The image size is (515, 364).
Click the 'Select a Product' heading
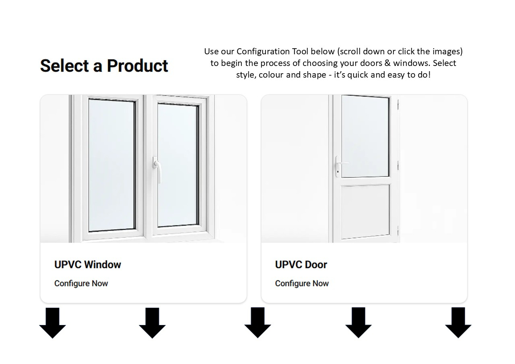[x=104, y=66]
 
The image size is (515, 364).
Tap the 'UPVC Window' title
[x=88, y=265]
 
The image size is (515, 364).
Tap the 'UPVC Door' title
[x=301, y=265]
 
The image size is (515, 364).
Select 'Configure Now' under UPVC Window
[x=81, y=283]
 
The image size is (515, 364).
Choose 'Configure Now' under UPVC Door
[x=302, y=283]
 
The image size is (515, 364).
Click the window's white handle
[x=157, y=169]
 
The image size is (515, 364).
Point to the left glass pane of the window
[x=111, y=165]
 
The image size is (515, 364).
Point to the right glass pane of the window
[x=177, y=165]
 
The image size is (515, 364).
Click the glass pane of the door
[x=365, y=136]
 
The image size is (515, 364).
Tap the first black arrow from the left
[x=53, y=323]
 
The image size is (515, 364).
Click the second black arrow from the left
[x=152, y=323]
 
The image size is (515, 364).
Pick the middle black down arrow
[x=258, y=323]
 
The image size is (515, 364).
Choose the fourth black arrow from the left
[x=358, y=323]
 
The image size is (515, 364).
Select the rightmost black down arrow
[x=458, y=323]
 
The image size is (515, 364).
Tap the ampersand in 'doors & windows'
[x=387, y=63]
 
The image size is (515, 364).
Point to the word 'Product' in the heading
[x=138, y=66]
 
